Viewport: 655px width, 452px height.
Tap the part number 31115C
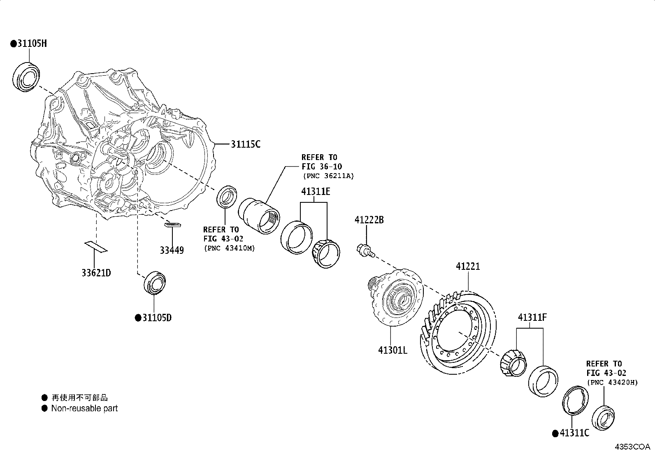pyautogui.click(x=245, y=144)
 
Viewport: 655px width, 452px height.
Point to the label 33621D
pyautogui.click(x=96, y=273)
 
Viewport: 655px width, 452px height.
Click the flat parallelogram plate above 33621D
pyautogui.click(x=96, y=247)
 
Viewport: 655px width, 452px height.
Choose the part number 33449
pyautogui.click(x=172, y=250)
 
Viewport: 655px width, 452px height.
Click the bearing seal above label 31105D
pyautogui.click(x=155, y=283)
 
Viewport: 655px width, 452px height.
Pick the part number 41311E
pyautogui.click(x=316, y=192)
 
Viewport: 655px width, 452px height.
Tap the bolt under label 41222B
pyautogui.click(x=364, y=250)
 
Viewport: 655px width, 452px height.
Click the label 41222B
pyautogui.click(x=369, y=220)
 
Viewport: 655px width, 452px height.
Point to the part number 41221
pyautogui.click(x=468, y=267)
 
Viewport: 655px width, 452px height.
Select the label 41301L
pyautogui.click(x=393, y=350)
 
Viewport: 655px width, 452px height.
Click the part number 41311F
pyautogui.click(x=532, y=318)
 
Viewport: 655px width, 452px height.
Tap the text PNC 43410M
pyautogui.click(x=229, y=248)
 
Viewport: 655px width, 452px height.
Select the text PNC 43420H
pyautogui.click(x=612, y=382)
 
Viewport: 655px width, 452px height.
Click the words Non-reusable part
pyautogui.click(x=84, y=408)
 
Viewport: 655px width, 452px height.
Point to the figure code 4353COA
pyautogui.click(x=632, y=447)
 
